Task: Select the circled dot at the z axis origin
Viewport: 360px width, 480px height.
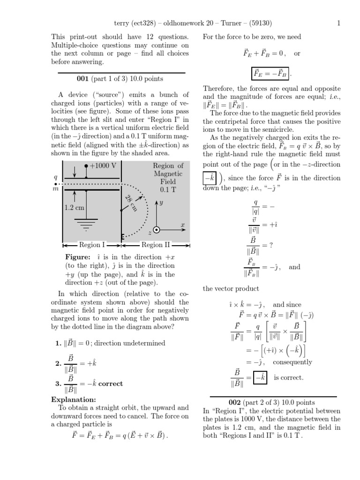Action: click(157, 230)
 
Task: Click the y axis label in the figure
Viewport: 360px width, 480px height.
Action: click(161, 202)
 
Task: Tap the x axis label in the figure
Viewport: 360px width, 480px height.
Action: click(183, 225)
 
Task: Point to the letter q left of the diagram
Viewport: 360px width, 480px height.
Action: click(56, 177)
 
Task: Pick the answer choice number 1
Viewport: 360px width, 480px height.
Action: click(57, 343)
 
